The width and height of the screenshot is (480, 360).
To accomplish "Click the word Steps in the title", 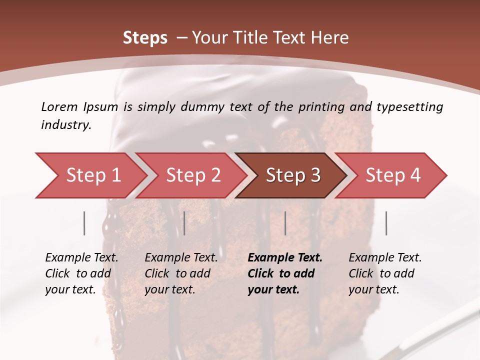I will (145, 38).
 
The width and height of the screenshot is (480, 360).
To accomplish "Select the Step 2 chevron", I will (192, 175).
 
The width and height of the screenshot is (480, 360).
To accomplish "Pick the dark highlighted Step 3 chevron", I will (292, 175).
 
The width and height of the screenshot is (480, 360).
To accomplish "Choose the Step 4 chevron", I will (392, 175).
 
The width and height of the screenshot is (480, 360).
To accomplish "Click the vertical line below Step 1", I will (84, 223).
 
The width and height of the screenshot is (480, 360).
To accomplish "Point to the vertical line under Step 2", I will (184, 223).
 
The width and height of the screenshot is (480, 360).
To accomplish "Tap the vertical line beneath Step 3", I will (285, 223).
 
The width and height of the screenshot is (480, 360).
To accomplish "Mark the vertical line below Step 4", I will (386, 223).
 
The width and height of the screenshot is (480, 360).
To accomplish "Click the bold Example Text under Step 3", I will (284, 273).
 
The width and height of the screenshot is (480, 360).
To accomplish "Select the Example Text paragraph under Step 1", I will (81, 273).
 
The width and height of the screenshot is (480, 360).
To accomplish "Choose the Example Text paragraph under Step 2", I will (181, 273).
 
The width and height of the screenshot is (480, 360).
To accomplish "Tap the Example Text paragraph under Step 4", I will (385, 273).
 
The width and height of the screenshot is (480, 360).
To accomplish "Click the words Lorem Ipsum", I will (79, 107).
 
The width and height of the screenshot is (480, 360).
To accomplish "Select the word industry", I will (65, 125).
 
